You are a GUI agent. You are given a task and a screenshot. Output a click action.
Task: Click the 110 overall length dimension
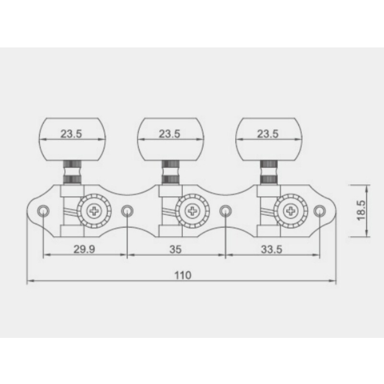coord(182,276)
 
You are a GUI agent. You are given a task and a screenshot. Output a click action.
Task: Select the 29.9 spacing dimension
coord(84,249)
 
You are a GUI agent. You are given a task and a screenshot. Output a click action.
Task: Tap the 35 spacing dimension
coord(176,249)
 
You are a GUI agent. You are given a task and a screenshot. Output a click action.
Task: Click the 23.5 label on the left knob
coord(72,134)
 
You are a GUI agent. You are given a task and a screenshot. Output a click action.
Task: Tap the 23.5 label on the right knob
coord(268,134)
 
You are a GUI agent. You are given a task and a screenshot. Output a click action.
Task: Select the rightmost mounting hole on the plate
coord(319,210)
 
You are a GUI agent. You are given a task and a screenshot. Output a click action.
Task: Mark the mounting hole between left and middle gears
coord(126,210)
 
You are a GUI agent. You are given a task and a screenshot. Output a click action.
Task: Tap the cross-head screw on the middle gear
coord(192,210)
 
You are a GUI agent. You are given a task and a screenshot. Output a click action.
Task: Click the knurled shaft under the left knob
coord(72,172)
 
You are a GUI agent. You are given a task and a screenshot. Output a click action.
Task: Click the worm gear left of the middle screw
coord(168,211)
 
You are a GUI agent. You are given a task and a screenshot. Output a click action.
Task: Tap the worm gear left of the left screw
coord(70,211)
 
